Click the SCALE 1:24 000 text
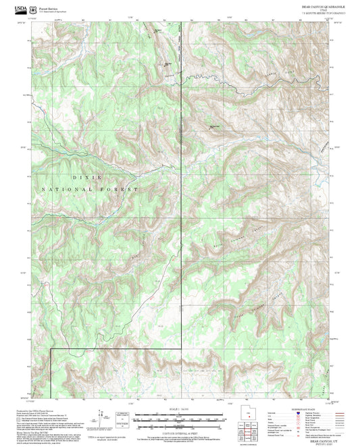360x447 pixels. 163,408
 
